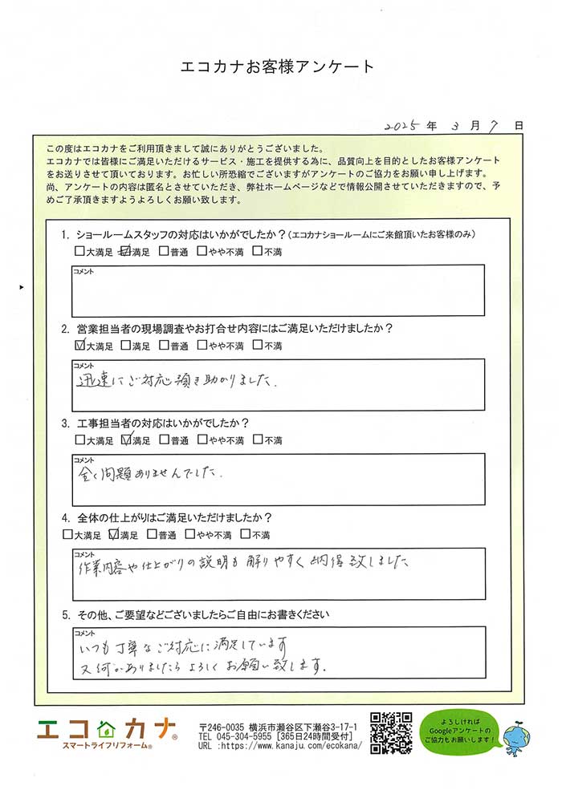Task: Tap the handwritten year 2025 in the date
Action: click(403, 127)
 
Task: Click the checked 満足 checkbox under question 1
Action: click(124, 252)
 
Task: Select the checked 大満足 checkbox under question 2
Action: click(79, 346)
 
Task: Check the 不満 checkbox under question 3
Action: click(257, 440)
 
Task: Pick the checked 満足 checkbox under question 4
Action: click(112, 534)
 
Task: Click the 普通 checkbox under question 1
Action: click(164, 252)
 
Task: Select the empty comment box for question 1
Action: click(278, 290)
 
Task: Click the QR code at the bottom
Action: click(391, 731)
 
